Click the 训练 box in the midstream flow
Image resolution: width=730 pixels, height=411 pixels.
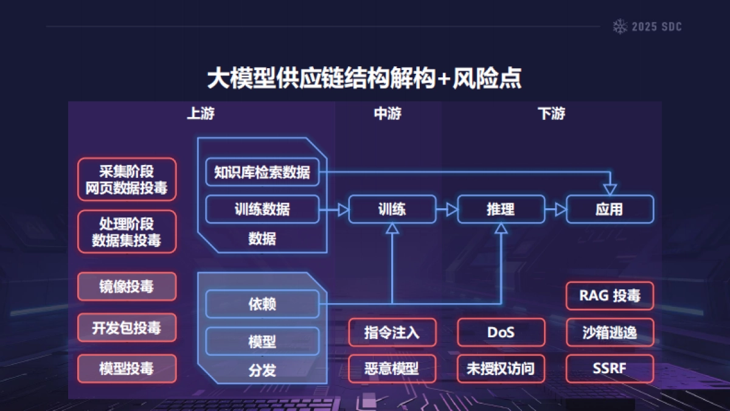click(x=392, y=209)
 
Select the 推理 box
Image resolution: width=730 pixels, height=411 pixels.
click(x=501, y=209)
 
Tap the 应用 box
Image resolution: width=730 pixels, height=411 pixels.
click(x=610, y=209)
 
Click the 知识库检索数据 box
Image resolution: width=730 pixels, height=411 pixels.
click(x=262, y=172)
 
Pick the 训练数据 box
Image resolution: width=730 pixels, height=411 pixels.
click(x=262, y=209)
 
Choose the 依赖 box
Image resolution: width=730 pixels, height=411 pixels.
click(x=262, y=304)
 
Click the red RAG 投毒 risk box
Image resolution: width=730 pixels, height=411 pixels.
click(x=610, y=296)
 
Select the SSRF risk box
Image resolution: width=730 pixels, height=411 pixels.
click(x=610, y=368)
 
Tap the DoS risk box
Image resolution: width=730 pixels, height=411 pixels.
click(x=501, y=332)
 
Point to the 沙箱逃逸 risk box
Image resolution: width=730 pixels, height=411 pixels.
click(x=610, y=332)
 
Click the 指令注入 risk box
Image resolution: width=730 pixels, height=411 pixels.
click(x=392, y=332)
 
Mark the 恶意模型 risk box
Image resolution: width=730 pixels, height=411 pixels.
click(x=392, y=368)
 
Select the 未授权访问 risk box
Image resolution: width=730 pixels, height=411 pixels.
click(x=501, y=368)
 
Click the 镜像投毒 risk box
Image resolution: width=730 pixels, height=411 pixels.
click(x=127, y=287)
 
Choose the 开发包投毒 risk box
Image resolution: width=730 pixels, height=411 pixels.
click(x=127, y=328)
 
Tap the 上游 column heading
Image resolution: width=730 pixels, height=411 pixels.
click(x=200, y=114)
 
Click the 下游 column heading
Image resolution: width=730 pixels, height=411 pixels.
click(x=552, y=114)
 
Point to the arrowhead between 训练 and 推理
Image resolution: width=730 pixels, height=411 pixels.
click(x=451, y=209)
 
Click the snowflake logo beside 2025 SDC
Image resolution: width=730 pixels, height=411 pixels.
click(x=620, y=26)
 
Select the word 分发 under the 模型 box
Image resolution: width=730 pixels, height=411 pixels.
click(x=262, y=370)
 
